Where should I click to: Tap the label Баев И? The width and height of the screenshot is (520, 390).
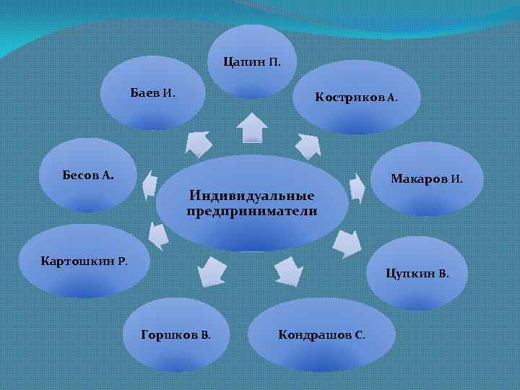(152, 93)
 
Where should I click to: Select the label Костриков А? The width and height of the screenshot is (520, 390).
(356, 97)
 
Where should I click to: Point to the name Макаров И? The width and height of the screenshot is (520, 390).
(427, 178)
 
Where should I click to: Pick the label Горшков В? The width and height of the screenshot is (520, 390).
(176, 335)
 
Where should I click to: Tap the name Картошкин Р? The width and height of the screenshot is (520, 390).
(84, 260)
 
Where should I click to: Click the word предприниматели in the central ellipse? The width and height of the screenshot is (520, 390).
(251, 211)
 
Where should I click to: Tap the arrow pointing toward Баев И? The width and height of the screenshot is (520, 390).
(197, 142)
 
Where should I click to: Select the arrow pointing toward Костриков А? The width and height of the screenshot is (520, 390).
(308, 146)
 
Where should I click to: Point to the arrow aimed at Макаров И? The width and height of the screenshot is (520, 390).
(356, 186)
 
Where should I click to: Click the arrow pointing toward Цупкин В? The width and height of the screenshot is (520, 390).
(349, 242)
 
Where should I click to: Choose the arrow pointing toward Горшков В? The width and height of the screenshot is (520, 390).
(212, 270)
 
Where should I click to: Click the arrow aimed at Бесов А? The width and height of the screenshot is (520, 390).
(149, 185)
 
